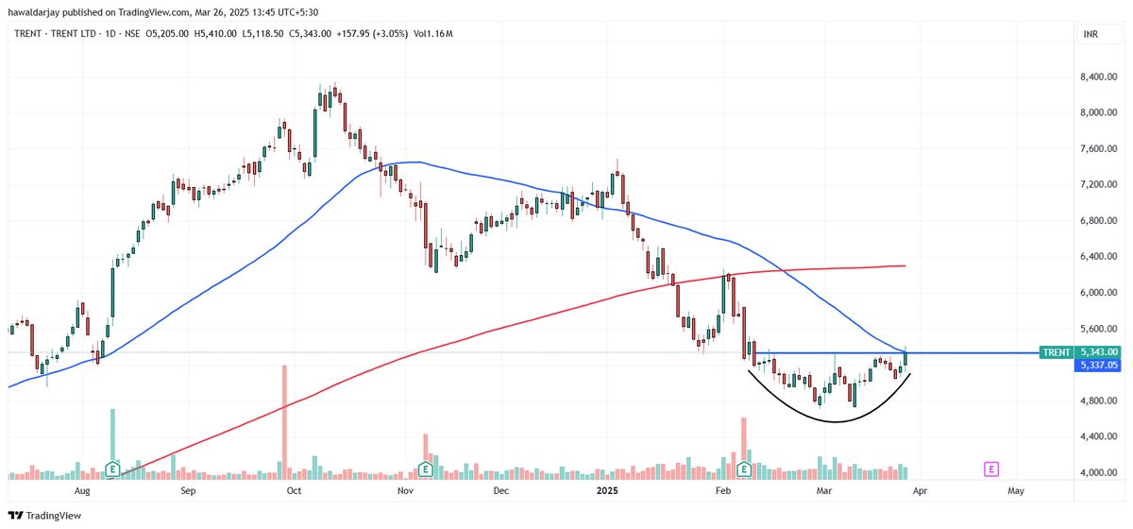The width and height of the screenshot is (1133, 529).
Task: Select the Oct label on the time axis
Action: (294, 492)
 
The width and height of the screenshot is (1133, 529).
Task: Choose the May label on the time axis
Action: (1016, 492)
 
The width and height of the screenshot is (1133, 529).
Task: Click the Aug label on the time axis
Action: (82, 492)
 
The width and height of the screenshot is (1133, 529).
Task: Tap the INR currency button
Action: (1090, 34)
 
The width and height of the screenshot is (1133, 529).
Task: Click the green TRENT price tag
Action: (1056, 352)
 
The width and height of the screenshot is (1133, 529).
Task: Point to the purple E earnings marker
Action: (991, 469)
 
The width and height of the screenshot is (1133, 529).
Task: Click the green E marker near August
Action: (112, 469)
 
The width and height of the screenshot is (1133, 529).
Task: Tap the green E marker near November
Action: (426, 469)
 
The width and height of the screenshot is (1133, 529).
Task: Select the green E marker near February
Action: (744, 469)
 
